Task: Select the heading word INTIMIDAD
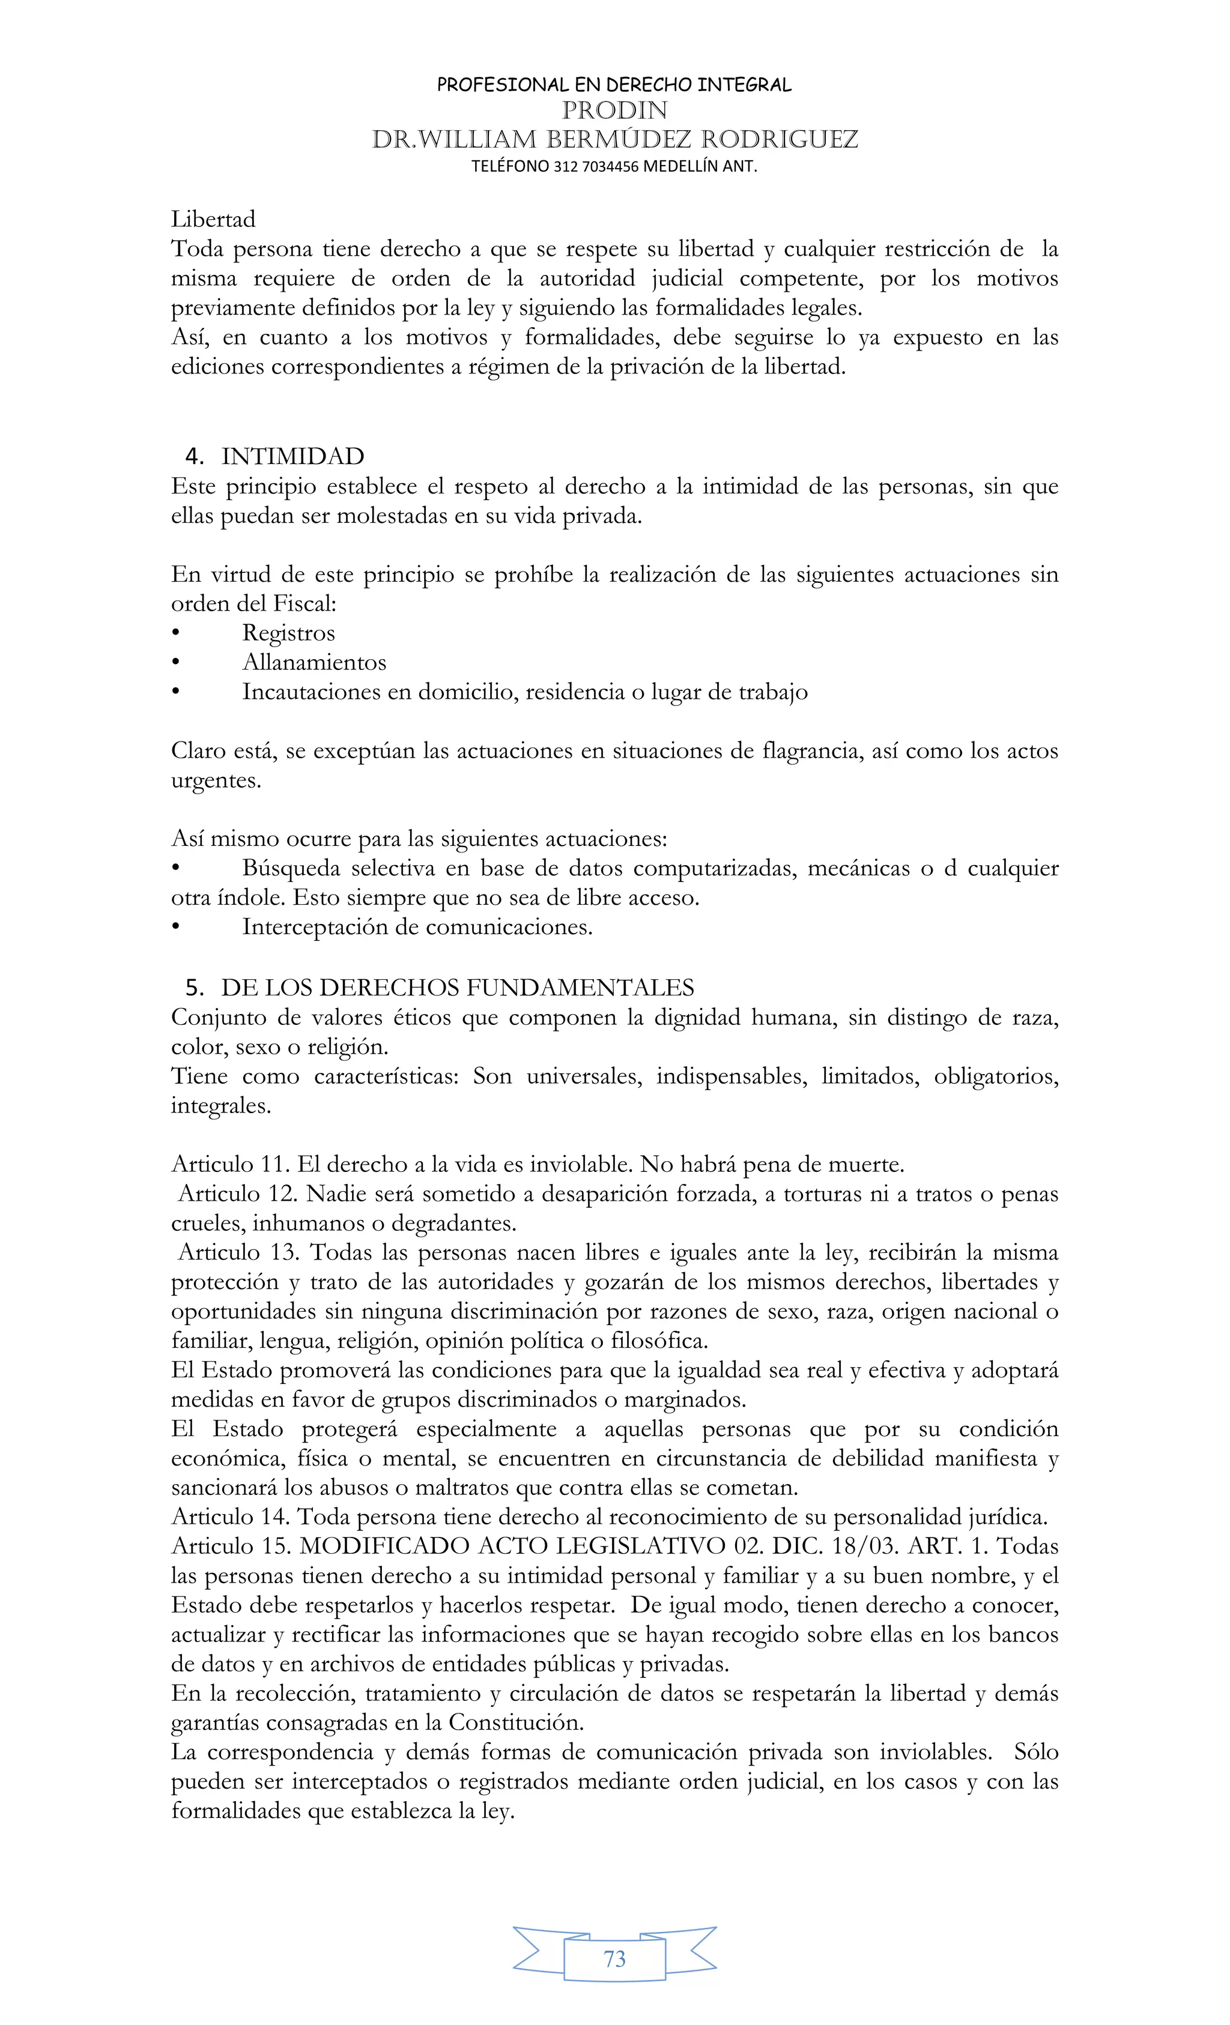(292, 457)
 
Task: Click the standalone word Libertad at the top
(213, 219)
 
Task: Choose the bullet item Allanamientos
(314, 662)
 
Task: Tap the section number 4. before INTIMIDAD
(195, 457)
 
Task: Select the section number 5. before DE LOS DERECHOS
(195, 988)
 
